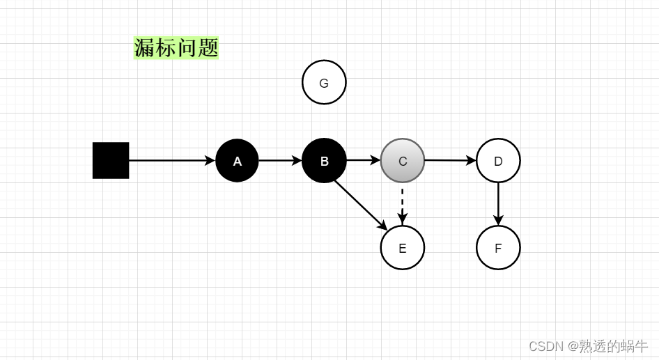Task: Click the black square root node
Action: pyautogui.click(x=111, y=160)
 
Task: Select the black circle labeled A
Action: pyautogui.click(x=237, y=161)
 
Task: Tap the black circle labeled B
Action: pyautogui.click(x=324, y=161)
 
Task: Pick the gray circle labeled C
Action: pyautogui.click(x=403, y=161)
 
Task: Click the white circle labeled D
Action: pyautogui.click(x=498, y=161)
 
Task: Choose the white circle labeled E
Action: pyautogui.click(x=403, y=248)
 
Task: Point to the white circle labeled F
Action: pyautogui.click(x=498, y=248)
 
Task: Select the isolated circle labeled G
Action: pyautogui.click(x=324, y=83)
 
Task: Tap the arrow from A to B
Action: pyautogui.click(x=279, y=160)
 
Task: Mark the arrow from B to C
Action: pyautogui.click(x=362, y=160)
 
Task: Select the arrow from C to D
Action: pyautogui.click(x=449, y=160)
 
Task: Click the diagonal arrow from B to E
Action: pyautogui.click(x=359, y=203)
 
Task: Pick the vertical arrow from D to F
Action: pyautogui.click(x=498, y=202)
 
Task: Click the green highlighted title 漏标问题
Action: pyautogui.click(x=176, y=47)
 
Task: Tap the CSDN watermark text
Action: pyautogui.click(x=588, y=345)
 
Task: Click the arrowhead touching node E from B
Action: pyautogui.click(x=383, y=226)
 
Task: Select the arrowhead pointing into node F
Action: pyautogui.click(x=498, y=220)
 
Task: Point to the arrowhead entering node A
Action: pyautogui.click(x=210, y=160)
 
